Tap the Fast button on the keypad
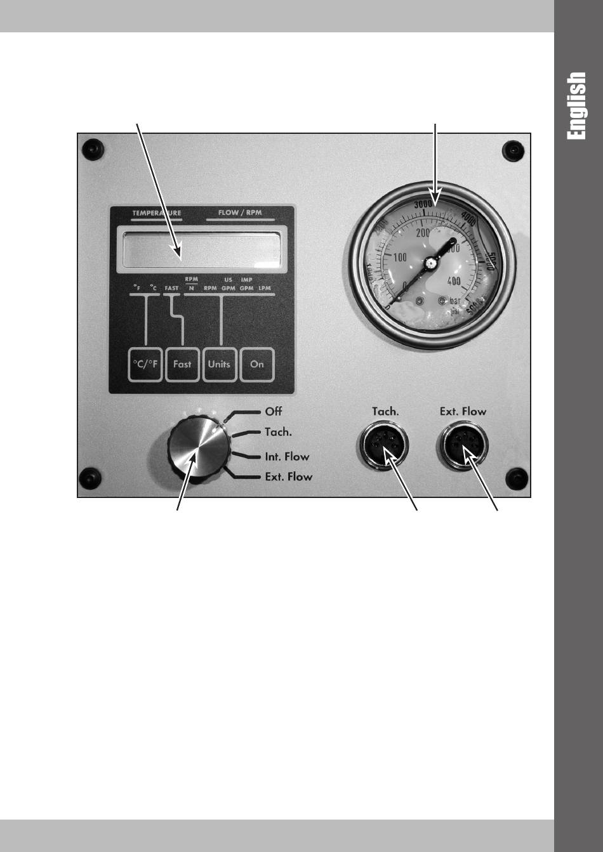coord(182,365)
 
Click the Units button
coord(219,365)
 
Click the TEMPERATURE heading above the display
coord(156,213)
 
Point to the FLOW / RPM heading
coord(240,213)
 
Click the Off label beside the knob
coord(274,412)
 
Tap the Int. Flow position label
coord(287,456)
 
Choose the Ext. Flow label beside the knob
coord(289,476)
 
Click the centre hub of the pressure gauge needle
coord(430,262)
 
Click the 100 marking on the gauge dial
coord(400,258)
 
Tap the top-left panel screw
coord(93,149)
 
